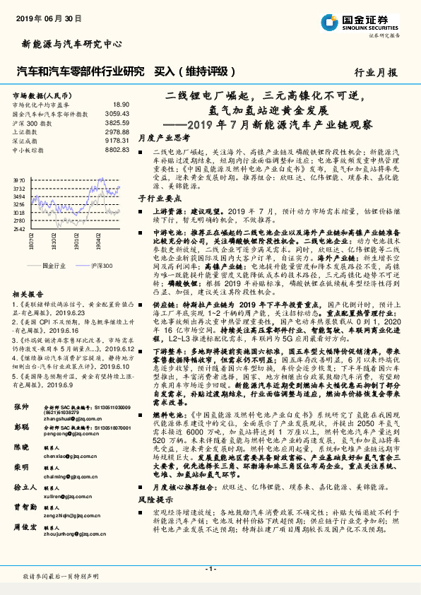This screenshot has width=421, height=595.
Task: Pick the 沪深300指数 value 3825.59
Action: tap(117, 122)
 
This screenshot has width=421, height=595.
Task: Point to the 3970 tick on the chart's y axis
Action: tap(19, 181)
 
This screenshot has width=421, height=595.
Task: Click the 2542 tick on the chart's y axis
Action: tap(19, 229)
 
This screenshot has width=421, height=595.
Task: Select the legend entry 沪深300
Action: tap(102, 264)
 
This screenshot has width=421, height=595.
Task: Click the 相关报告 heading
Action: tap(28, 293)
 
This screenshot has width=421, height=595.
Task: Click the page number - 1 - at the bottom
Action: tap(210, 567)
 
